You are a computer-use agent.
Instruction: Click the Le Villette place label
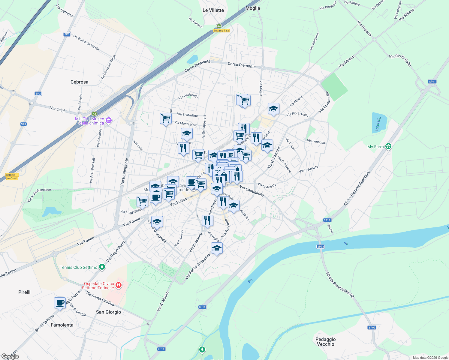point(213,10)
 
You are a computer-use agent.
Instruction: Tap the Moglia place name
point(253,8)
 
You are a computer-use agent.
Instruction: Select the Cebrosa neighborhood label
point(79,82)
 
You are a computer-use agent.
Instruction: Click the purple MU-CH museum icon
point(109,121)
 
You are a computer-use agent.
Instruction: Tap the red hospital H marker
point(119,285)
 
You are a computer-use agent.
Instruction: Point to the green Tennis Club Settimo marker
point(102,267)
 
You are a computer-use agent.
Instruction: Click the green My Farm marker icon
point(389,146)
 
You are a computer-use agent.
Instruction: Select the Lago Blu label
point(378,124)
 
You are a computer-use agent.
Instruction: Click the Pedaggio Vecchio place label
point(325,342)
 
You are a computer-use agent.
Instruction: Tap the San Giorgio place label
point(108,312)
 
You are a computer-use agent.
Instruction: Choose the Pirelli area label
point(24,292)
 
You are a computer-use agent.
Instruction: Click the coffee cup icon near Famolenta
point(60,303)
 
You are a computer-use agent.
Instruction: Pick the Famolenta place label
point(62,325)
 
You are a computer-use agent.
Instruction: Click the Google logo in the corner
point(10,356)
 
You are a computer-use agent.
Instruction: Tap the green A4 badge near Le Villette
point(219,26)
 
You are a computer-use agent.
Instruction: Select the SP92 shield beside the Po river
point(321,247)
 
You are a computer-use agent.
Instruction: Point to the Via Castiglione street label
point(252,191)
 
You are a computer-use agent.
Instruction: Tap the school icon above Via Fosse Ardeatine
point(217,248)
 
